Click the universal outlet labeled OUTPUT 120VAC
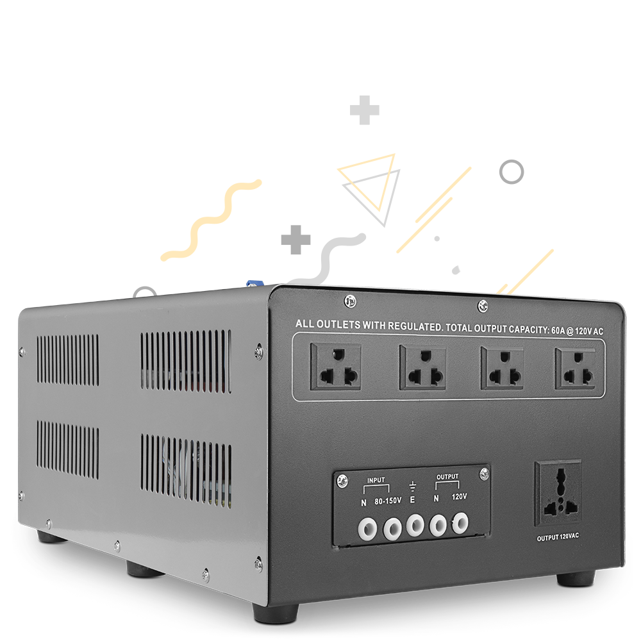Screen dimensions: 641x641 558,494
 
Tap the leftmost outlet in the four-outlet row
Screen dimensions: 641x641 336,366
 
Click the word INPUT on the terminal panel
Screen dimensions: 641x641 376,480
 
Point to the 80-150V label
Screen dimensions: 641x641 388,501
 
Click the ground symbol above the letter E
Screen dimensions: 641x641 412,486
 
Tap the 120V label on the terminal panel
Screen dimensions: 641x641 459,496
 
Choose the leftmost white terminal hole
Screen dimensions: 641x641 367,529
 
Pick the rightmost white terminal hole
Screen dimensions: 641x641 460,522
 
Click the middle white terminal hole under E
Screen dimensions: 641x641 415,526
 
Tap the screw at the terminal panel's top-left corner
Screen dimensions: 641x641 342,481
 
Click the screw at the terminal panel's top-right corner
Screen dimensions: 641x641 484,474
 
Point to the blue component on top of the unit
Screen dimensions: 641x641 253,283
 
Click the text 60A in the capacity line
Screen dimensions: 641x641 558,330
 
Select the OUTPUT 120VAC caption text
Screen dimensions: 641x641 558,537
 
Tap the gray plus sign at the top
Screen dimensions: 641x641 365,110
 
